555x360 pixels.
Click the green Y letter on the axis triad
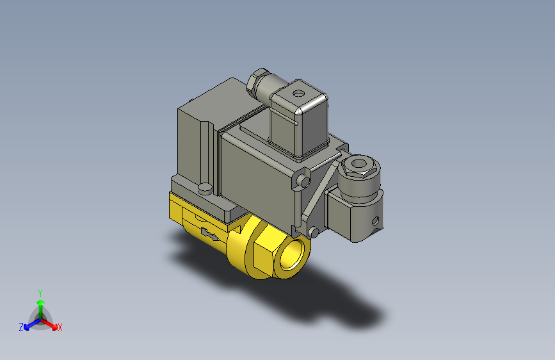tap(40, 292)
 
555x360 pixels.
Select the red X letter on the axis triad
tap(60, 327)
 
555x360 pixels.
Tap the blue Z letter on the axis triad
tap(21, 327)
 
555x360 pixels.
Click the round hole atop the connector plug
tap(298, 93)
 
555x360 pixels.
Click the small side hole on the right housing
tap(375, 220)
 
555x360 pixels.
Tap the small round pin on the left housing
tap(205, 188)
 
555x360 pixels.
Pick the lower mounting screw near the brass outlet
tap(313, 231)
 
